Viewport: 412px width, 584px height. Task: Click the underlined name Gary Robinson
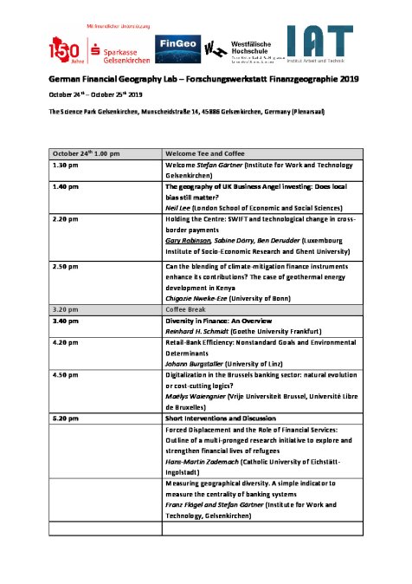[187, 242]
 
